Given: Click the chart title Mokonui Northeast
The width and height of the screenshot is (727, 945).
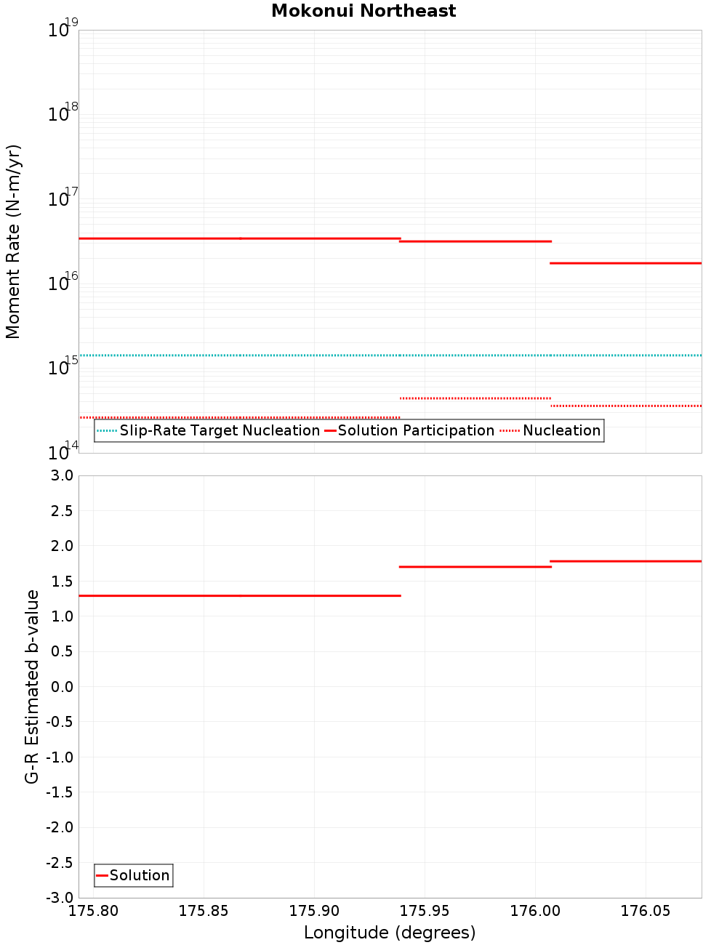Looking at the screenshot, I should tap(363, 11).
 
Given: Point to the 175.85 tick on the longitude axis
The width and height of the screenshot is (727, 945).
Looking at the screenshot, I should tap(204, 911).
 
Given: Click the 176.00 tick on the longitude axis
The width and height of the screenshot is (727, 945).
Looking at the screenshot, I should tap(534, 911).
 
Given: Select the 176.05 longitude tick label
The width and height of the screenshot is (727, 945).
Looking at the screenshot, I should tap(645, 911).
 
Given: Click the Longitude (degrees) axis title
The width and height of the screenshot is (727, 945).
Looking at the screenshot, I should tap(390, 933).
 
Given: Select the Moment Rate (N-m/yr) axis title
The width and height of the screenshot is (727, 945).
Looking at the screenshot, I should tap(13, 241).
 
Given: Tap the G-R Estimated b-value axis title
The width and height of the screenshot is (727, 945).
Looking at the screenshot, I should tap(32, 686).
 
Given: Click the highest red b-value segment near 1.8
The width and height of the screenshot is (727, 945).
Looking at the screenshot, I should tap(626, 561).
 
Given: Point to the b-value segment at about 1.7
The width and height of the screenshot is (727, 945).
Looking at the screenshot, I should tap(475, 566).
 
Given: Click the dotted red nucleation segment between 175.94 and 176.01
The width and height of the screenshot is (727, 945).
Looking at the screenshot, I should tap(475, 398).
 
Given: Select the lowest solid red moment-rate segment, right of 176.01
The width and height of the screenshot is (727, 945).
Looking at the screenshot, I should tap(626, 263).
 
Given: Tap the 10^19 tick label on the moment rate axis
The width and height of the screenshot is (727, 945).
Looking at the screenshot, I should tap(63, 30).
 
